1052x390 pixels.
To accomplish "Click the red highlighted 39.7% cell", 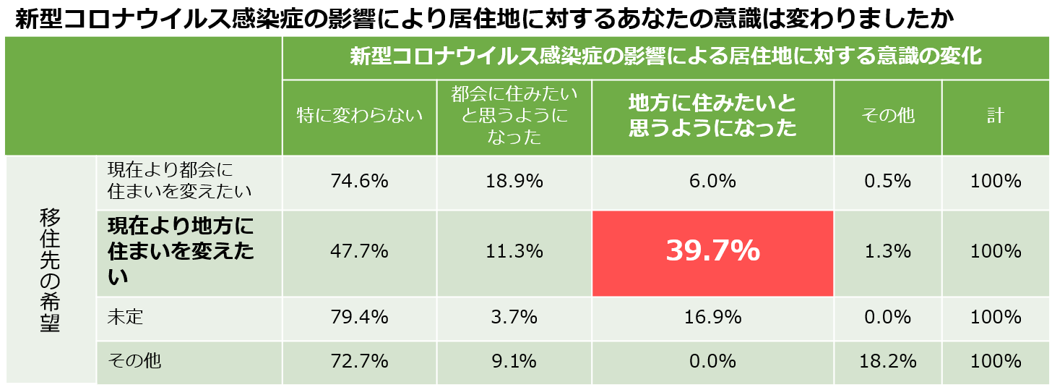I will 712,251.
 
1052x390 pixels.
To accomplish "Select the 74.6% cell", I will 359,181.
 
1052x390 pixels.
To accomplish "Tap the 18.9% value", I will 514,181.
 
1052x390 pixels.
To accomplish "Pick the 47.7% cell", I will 359,252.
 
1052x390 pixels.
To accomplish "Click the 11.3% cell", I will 514,252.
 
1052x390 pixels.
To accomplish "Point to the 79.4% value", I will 359,316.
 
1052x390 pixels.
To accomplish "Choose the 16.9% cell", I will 712,316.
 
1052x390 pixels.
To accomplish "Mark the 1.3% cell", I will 887,252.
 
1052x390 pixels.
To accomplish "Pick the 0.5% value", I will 887,181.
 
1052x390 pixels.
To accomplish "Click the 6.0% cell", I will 712,181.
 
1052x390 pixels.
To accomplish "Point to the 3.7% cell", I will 514,316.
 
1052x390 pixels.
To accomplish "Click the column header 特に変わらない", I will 359,116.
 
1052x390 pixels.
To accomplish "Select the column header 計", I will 996,116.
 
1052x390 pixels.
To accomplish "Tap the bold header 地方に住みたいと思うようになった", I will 712,116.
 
